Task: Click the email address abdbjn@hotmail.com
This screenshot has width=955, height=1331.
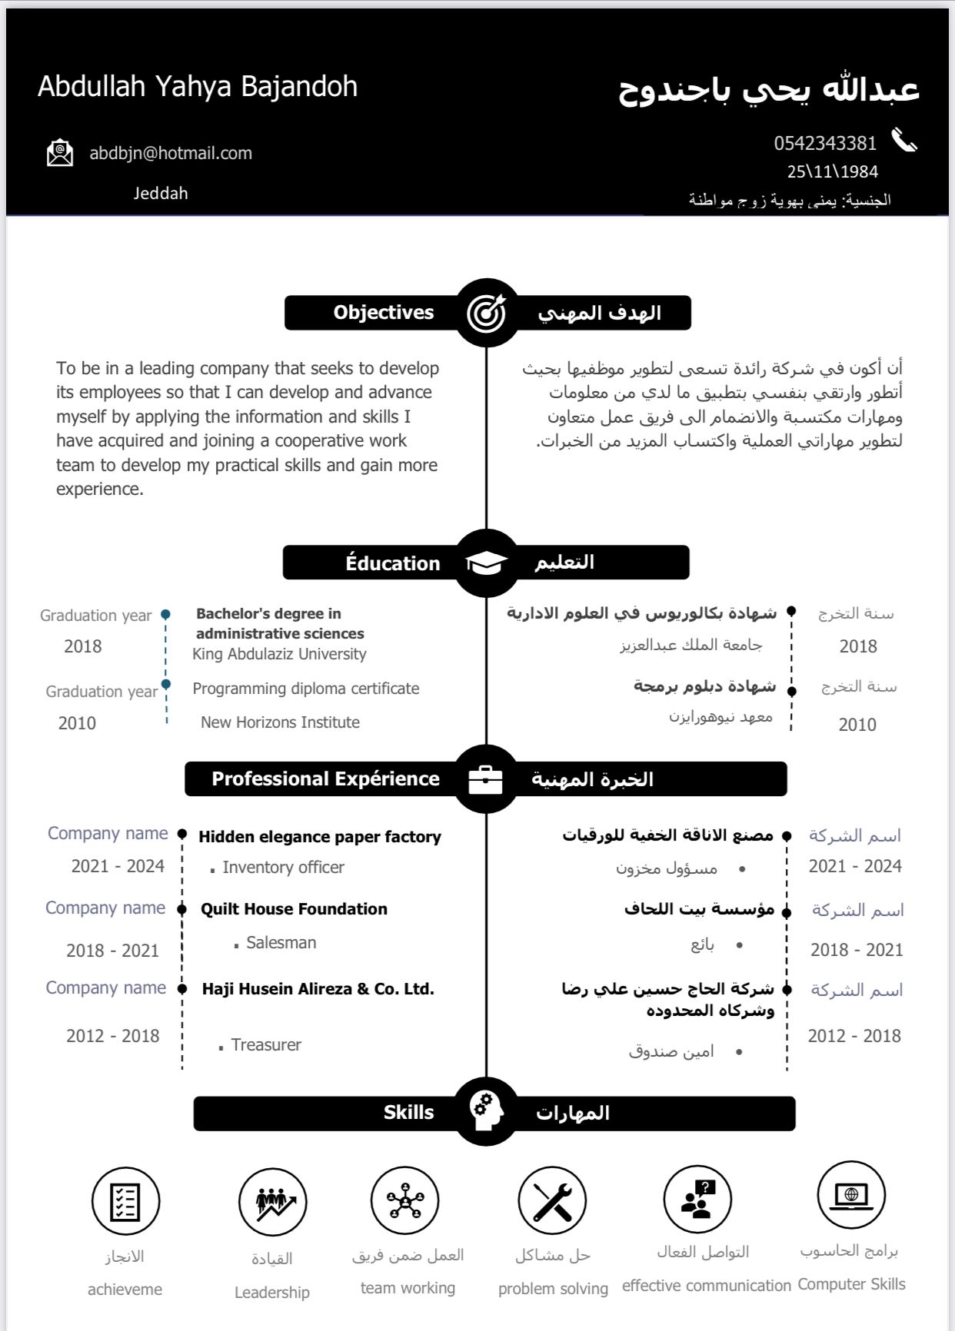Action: point(171,153)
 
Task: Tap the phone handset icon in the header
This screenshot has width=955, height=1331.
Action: point(904,141)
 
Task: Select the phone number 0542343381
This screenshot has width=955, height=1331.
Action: point(825,144)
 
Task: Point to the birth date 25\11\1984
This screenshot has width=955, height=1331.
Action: point(832,171)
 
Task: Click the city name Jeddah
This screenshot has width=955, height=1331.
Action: point(161,194)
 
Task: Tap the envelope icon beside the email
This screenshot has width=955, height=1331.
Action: point(60,153)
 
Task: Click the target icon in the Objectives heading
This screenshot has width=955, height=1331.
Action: point(486,313)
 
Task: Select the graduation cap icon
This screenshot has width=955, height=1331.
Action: point(486,563)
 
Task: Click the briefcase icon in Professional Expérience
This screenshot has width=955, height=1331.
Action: point(486,779)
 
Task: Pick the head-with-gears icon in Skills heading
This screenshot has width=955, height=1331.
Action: point(486,1112)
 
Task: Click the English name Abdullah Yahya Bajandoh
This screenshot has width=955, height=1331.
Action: point(198,87)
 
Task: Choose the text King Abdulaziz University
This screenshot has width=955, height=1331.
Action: point(279,654)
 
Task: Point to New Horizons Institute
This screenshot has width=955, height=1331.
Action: point(280,722)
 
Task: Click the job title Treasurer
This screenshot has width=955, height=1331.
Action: point(266,1045)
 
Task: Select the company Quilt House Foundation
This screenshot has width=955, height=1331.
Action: point(294,909)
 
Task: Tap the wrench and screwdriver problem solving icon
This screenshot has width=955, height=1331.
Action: point(552,1200)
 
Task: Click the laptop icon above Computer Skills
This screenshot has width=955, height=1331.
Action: point(851,1196)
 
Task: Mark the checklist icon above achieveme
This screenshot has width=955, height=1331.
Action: point(125,1201)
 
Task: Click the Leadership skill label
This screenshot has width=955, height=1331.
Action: point(272,1293)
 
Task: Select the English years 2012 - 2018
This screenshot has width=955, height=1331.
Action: point(113,1036)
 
